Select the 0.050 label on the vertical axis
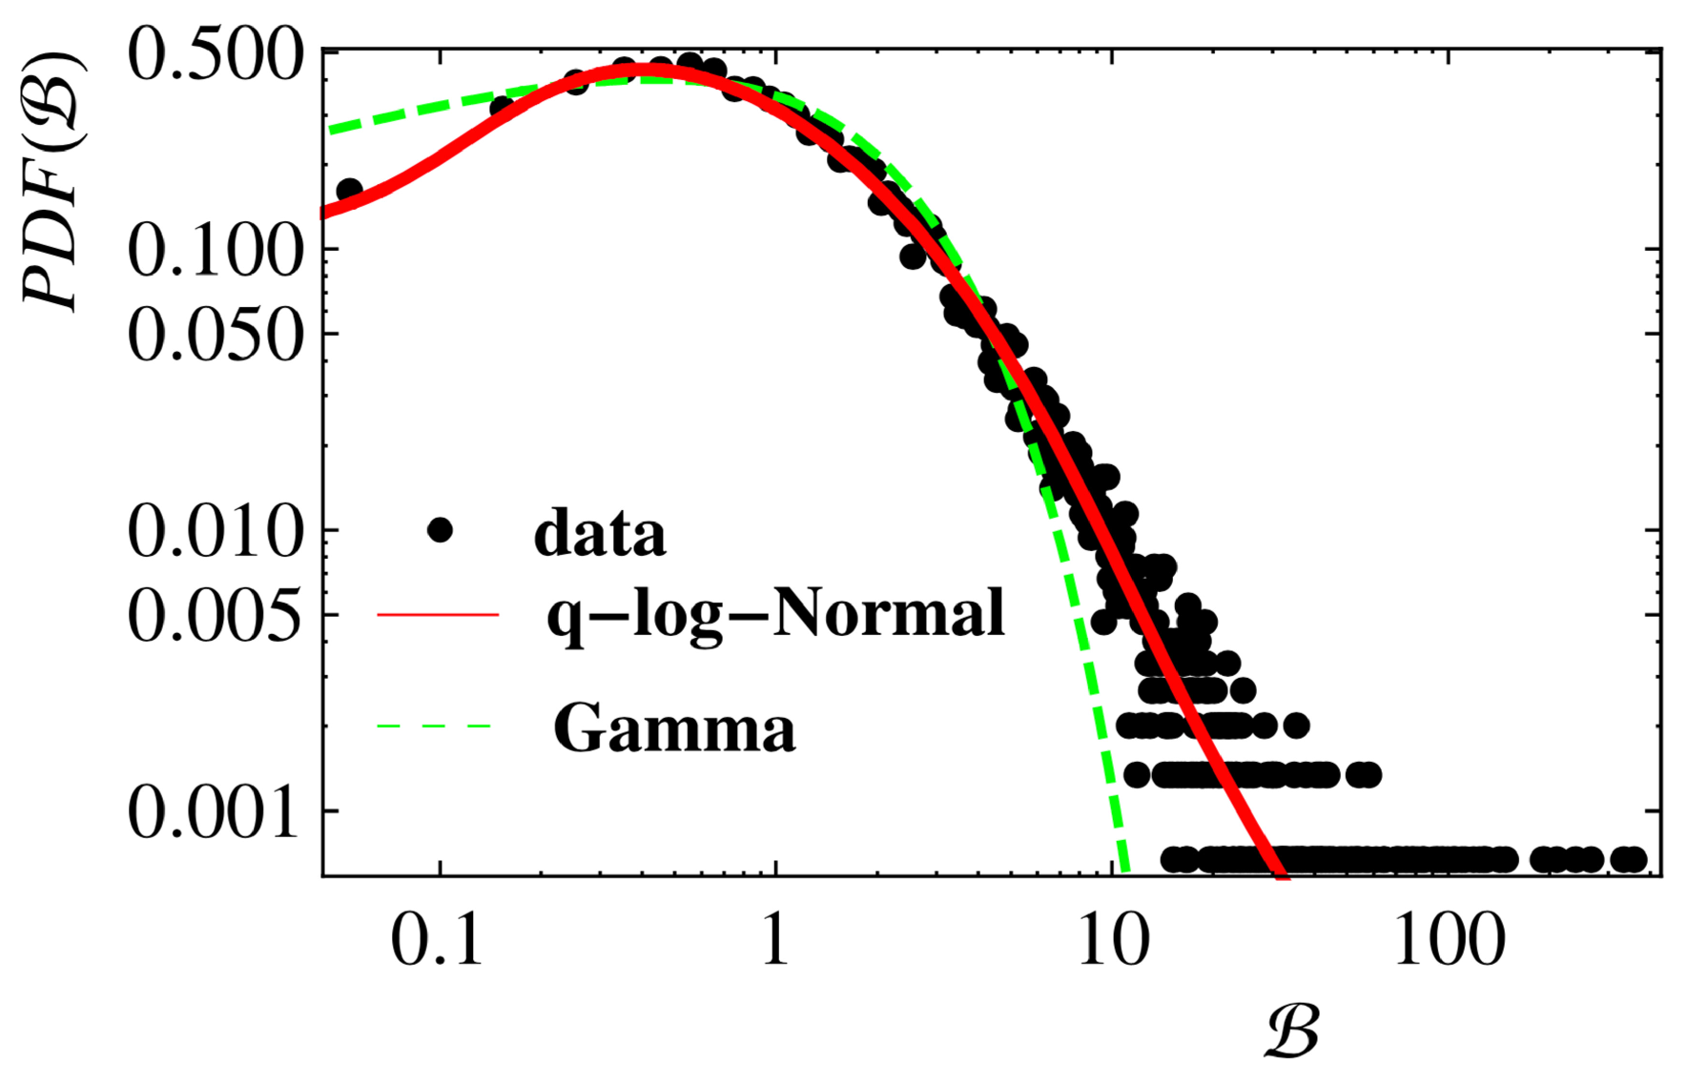(x=216, y=335)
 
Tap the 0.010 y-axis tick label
(x=216, y=531)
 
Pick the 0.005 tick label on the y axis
(x=216, y=615)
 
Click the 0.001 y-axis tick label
(x=216, y=812)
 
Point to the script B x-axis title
(x=1292, y=1031)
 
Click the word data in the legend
(x=599, y=533)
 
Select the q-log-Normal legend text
(x=775, y=613)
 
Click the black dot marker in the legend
(x=440, y=530)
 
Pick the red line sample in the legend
(x=439, y=615)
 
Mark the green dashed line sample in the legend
(x=435, y=727)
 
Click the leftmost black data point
(x=349, y=190)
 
